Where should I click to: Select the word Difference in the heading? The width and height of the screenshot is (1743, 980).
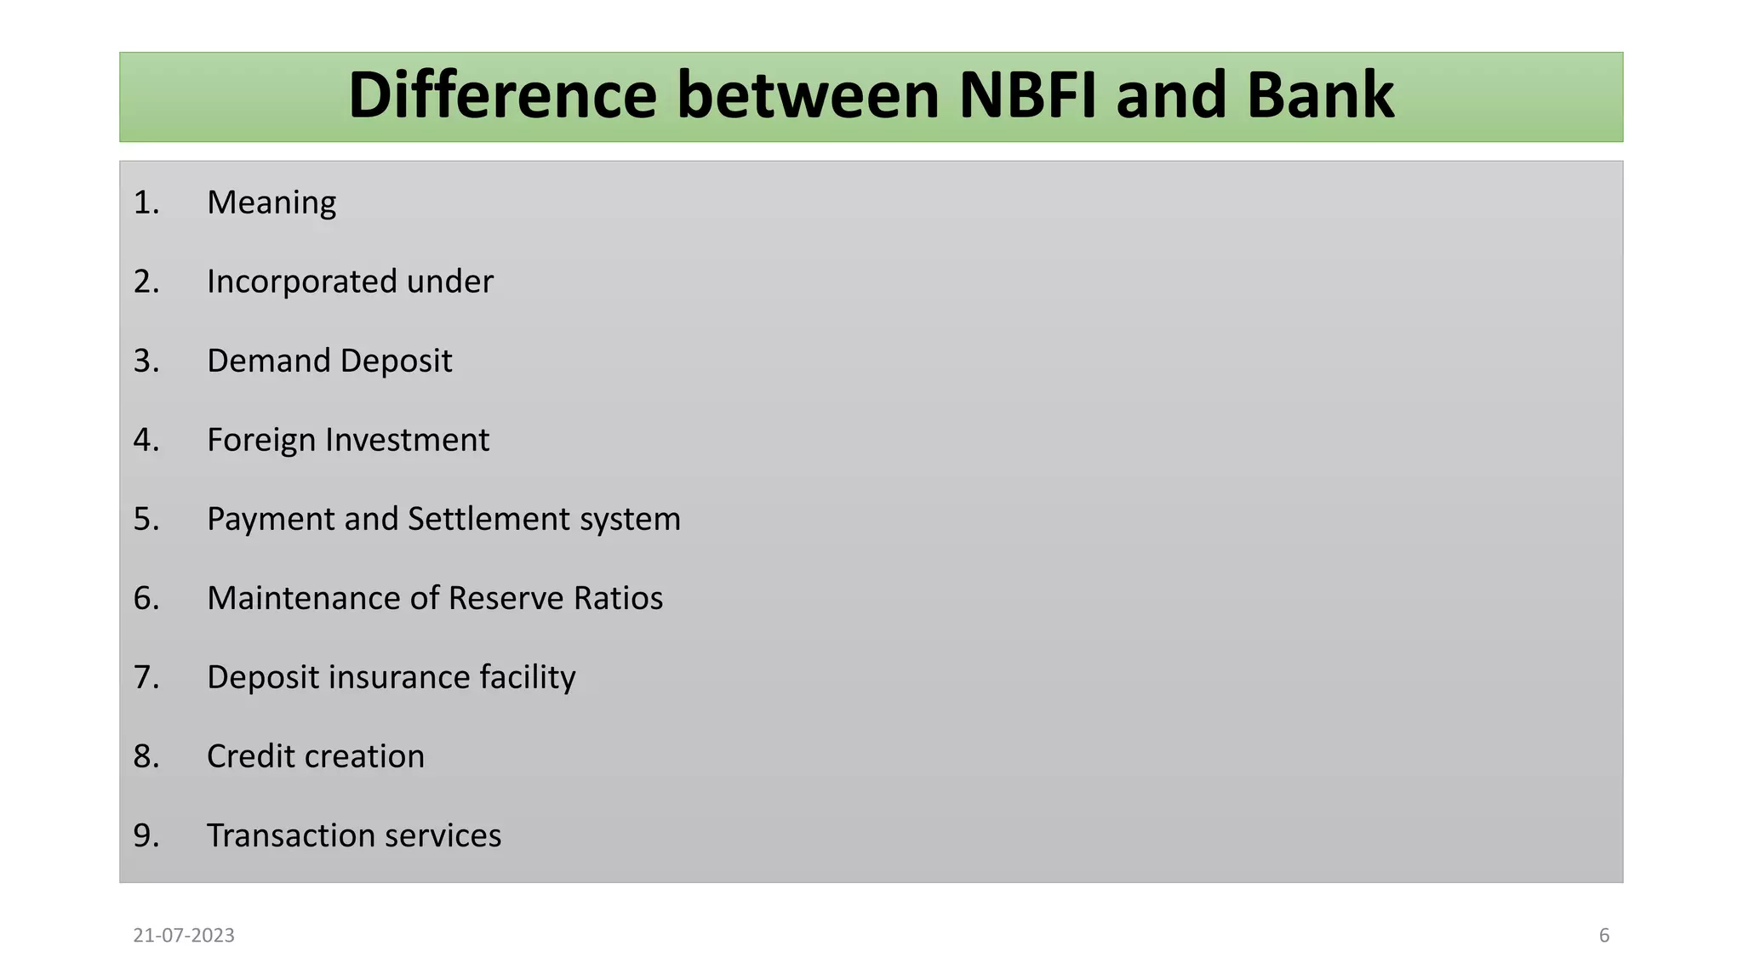pyautogui.click(x=502, y=95)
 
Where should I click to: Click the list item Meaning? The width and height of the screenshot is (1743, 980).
pyautogui.click(x=271, y=203)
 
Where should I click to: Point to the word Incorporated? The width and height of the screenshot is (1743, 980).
pyautogui.click(x=301, y=282)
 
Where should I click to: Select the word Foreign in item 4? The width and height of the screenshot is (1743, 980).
pyautogui.click(x=261, y=440)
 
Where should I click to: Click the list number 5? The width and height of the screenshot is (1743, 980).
pyautogui.click(x=146, y=519)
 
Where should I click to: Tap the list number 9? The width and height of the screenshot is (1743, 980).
pyautogui.click(x=146, y=835)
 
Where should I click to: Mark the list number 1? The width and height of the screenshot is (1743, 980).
pyautogui.click(x=146, y=203)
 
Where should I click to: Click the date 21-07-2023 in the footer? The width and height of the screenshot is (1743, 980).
pyautogui.click(x=184, y=936)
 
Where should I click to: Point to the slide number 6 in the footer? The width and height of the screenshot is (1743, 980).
pyautogui.click(x=1604, y=936)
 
